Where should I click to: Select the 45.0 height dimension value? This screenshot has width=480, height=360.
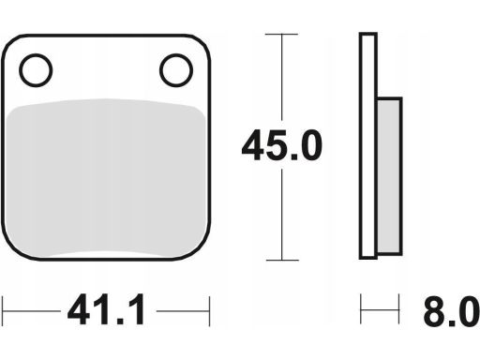(x=282, y=145)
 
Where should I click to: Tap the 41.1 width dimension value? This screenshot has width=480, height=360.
(x=107, y=309)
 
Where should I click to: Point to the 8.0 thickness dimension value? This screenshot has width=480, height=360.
(x=452, y=311)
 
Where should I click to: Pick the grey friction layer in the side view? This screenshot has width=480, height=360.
(x=389, y=176)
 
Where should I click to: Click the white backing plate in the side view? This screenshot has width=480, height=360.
(x=368, y=146)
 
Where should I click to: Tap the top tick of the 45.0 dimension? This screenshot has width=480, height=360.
(x=281, y=34)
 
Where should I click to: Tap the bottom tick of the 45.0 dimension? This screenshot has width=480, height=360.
(x=282, y=260)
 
